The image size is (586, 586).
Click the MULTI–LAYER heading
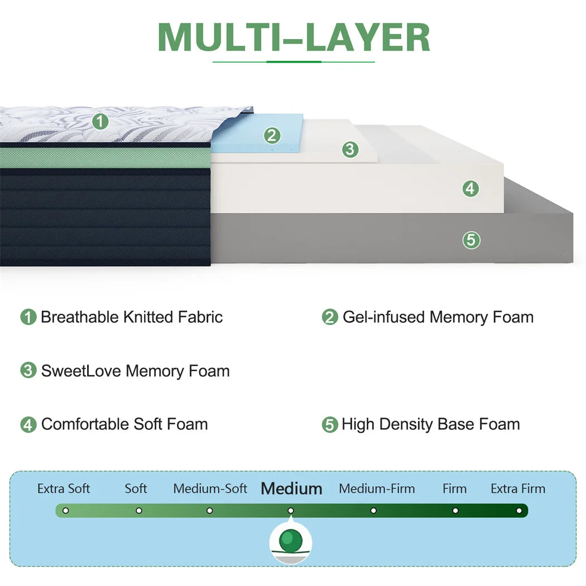click(294, 38)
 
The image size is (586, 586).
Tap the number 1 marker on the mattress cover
click(100, 121)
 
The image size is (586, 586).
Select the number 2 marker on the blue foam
click(272, 136)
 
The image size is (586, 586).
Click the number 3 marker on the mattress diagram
click(350, 149)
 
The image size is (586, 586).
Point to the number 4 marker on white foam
click(470, 189)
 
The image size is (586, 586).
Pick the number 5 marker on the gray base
click(471, 241)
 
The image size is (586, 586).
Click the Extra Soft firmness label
click(64, 489)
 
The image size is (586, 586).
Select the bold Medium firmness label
click(291, 489)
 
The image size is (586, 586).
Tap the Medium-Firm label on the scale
click(377, 489)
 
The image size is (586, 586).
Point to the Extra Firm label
click(518, 489)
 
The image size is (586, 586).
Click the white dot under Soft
click(139, 511)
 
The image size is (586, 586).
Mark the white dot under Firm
click(455, 511)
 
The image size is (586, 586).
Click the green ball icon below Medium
click(291, 540)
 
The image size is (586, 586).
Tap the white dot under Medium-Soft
click(210, 511)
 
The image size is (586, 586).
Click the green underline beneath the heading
click(294, 62)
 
